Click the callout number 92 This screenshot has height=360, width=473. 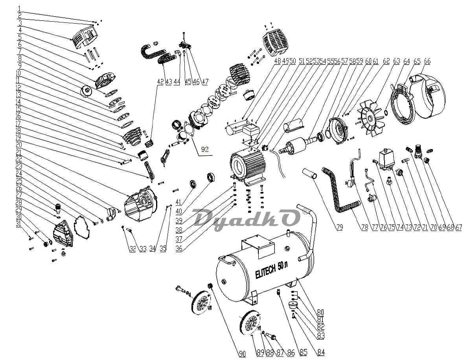click(204, 149)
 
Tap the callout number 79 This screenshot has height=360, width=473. click(340, 227)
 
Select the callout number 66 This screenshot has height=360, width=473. click(427, 61)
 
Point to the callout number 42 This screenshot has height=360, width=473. click(160, 81)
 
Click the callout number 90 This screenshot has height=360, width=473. click(242, 354)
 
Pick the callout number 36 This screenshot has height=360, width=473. click(179, 249)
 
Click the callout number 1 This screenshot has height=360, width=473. click(19, 9)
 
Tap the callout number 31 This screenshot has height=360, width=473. click(18, 223)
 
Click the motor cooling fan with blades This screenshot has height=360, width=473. click(370, 118)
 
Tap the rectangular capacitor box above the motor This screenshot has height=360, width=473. click(250, 129)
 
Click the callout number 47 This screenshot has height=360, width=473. click(205, 81)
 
